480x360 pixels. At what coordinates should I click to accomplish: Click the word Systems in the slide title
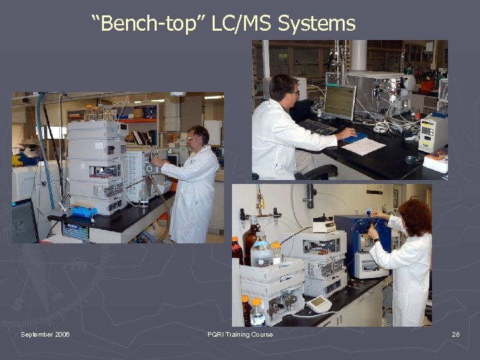[316, 25]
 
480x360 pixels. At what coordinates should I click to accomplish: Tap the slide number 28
[455, 334]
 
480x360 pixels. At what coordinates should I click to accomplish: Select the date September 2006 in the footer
[45, 334]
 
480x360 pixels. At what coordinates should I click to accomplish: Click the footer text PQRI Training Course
[240, 334]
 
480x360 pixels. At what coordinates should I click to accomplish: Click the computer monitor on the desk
[339, 101]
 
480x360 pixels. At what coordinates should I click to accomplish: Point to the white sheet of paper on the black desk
[364, 146]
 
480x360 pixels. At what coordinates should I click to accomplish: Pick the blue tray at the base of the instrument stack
[85, 211]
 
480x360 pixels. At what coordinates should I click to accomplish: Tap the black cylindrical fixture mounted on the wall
[310, 196]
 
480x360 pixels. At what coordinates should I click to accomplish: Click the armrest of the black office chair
[319, 172]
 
